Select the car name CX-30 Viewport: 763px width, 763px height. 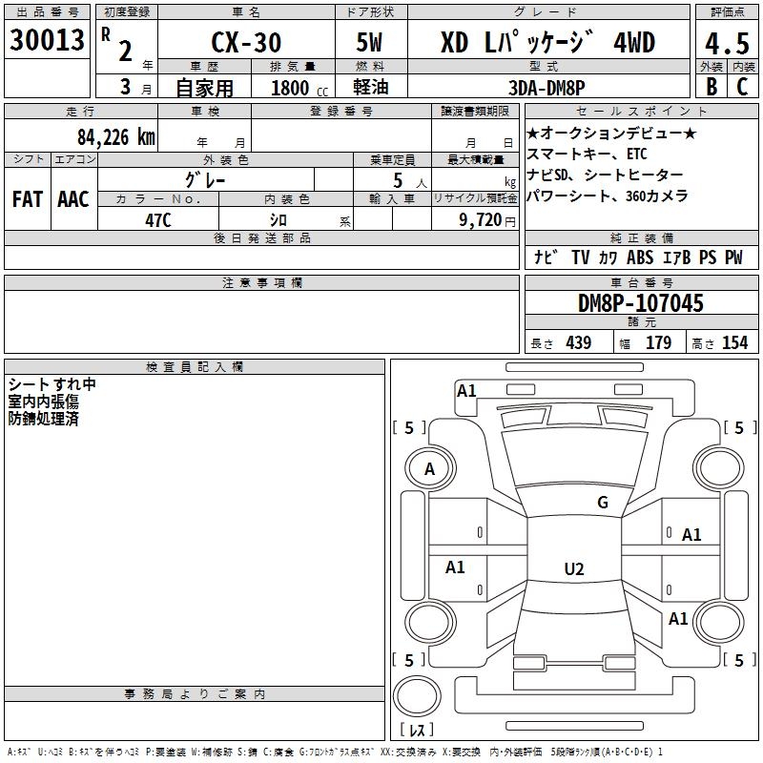click(x=246, y=43)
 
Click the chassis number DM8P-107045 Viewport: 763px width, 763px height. click(x=641, y=304)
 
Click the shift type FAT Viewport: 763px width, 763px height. click(x=28, y=199)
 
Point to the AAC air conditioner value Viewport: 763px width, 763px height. click(x=73, y=199)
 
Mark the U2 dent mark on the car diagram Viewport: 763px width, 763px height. click(x=573, y=568)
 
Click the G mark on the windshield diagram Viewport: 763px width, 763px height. click(x=603, y=503)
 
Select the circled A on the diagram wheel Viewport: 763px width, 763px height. click(x=429, y=469)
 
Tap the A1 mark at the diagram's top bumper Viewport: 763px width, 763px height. click(x=466, y=390)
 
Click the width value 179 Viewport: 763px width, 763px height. click(x=659, y=343)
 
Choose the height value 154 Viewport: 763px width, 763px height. click(x=735, y=343)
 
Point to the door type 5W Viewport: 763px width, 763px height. click(x=371, y=43)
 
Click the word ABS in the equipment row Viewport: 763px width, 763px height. click(x=640, y=258)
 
